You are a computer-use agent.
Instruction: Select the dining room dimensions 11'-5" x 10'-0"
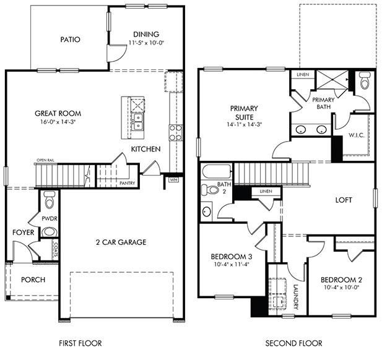[145, 43]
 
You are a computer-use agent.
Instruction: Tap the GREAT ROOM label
[58, 113]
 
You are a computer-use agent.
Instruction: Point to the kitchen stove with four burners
[175, 132]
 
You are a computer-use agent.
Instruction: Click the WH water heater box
[174, 180]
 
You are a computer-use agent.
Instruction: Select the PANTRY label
[127, 183]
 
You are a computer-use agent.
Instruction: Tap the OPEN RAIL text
[46, 161]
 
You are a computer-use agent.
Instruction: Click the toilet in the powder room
[50, 199]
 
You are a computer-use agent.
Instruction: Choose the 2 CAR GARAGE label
[121, 242]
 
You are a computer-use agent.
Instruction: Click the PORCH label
[33, 280]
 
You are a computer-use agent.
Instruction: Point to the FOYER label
[23, 233]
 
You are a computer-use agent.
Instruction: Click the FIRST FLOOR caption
[80, 343]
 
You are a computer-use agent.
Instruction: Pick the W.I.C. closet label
[355, 135]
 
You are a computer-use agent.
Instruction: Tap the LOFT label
[344, 200]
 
